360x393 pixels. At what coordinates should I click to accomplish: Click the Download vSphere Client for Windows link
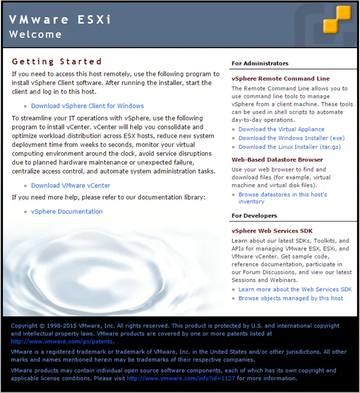tap(87, 106)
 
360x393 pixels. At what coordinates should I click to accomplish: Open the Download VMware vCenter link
tap(71, 185)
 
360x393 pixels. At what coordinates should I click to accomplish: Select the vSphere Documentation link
tap(67, 211)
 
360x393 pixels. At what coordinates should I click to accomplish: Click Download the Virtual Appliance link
tap(281, 129)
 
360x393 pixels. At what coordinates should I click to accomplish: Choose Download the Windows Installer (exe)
tap(291, 138)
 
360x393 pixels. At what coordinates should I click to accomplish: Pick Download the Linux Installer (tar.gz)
tap(289, 147)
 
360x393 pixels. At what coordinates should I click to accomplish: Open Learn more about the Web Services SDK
tap(295, 290)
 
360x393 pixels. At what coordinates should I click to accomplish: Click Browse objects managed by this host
tap(290, 298)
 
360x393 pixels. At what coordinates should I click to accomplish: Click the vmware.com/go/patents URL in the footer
tap(62, 341)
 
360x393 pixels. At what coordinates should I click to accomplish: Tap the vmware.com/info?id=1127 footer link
tap(181, 379)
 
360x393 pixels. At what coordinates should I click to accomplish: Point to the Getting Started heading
tap(57, 62)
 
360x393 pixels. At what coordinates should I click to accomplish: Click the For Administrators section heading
tap(260, 63)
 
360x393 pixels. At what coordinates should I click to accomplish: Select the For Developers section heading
tap(254, 216)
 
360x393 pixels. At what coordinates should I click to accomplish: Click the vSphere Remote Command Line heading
tap(280, 79)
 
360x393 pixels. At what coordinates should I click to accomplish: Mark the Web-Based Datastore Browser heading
tap(277, 160)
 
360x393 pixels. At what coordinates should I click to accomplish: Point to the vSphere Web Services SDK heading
tap(272, 231)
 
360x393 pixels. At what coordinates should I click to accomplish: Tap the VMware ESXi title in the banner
tap(60, 20)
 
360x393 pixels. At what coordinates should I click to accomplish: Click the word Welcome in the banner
tap(35, 35)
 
